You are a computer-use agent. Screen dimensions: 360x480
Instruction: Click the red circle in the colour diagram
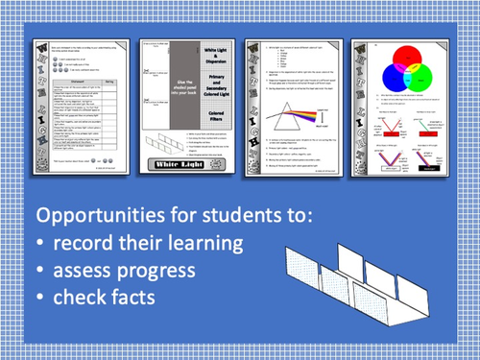pyautogui.click(x=388, y=58)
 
